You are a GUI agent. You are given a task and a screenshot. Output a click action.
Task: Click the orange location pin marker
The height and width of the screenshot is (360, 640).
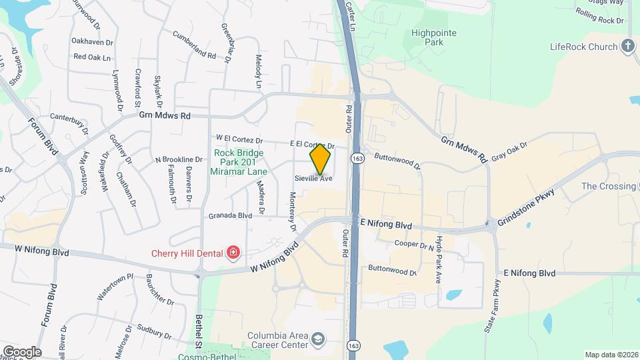click(x=320, y=159)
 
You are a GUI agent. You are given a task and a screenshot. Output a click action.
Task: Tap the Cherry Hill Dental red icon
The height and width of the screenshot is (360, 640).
click(x=233, y=251)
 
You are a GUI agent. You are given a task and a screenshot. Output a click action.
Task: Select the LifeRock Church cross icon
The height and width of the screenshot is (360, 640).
click(x=627, y=47)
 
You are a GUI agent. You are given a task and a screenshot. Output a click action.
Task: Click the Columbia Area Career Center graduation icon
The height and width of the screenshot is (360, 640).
click(x=319, y=340)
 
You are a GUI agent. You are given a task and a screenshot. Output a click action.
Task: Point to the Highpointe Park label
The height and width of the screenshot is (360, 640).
click(x=428, y=37)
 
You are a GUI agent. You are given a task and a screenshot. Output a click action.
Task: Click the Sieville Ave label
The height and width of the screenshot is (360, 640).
click(x=313, y=179)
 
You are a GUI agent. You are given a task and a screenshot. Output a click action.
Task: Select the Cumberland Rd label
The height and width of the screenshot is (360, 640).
click(x=194, y=45)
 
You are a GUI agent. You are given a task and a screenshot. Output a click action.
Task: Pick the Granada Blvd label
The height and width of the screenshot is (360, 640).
click(x=230, y=215)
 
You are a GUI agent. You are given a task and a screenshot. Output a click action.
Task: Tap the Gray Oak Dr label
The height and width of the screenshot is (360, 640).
click(x=509, y=151)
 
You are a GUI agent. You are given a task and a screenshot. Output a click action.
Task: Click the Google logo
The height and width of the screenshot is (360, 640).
click(x=22, y=351)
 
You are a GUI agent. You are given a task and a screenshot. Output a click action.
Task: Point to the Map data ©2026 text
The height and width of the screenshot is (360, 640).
click(x=611, y=355)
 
